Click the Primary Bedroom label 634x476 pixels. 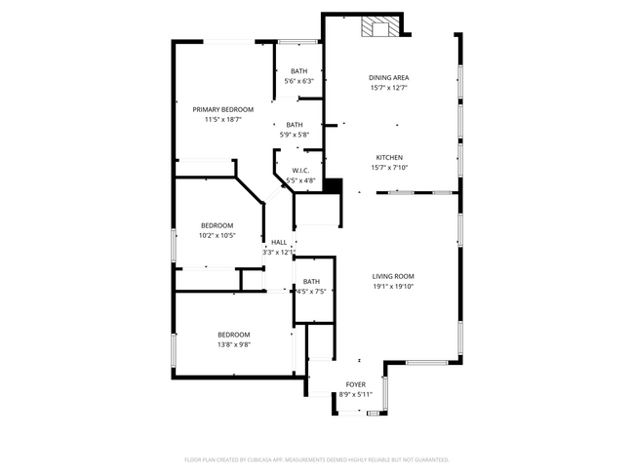[222, 109]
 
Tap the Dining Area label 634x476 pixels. [388, 78]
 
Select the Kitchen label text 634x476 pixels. [389, 157]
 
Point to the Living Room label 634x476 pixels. [393, 276]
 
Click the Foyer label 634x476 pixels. [356, 384]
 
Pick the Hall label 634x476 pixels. [279, 242]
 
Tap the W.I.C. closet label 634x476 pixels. [300, 171]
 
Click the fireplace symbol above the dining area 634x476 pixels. [380, 27]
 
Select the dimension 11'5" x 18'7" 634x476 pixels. [222, 120]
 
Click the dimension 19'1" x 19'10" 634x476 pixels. [393, 287]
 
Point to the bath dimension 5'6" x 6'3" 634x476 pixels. [298, 81]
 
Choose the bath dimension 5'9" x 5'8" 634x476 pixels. [295, 135]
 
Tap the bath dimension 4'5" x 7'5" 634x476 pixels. [311, 292]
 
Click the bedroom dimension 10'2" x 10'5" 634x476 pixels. [217, 235]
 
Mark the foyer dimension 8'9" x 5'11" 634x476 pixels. [356, 394]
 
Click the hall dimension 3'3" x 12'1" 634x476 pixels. [279, 252]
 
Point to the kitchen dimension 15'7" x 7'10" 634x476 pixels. [389, 168]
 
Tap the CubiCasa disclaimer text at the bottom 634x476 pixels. [316, 458]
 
